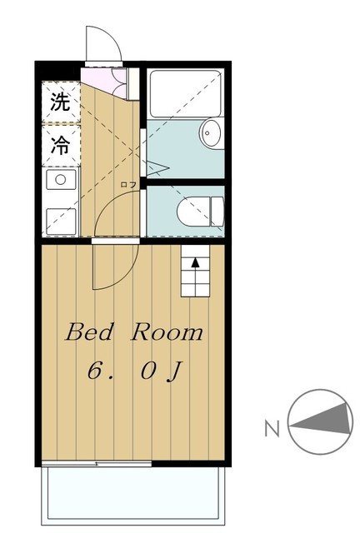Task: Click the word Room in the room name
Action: [166, 332]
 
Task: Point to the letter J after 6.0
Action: [173, 371]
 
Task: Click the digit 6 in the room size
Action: [96, 371]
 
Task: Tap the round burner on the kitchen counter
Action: [60, 179]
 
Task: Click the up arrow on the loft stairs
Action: [196, 262]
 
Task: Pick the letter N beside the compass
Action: [271, 430]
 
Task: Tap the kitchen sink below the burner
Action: [60, 219]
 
